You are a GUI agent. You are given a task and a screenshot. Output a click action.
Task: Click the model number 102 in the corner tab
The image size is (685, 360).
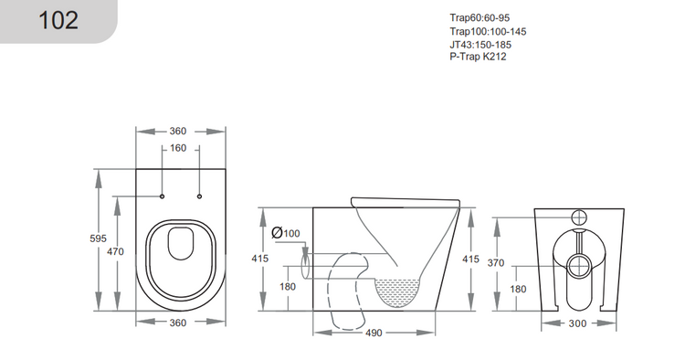tap(58, 20)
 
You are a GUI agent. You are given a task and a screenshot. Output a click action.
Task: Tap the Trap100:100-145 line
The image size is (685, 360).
tap(488, 31)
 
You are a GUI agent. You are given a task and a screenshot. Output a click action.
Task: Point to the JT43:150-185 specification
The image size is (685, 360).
tap(480, 44)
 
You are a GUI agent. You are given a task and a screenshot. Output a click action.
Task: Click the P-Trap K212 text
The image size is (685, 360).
tap(478, 56)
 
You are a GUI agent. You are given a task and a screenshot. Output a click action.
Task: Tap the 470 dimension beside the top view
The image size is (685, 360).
tap(115, 251)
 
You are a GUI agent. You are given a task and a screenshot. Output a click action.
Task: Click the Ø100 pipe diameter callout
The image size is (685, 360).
tap(286, 233)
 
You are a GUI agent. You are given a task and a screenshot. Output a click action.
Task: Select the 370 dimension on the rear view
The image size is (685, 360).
tap(519, 262)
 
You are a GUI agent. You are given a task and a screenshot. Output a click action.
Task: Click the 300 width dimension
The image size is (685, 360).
tap(578, 323)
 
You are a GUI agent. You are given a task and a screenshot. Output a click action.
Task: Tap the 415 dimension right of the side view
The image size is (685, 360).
tap(470, 259)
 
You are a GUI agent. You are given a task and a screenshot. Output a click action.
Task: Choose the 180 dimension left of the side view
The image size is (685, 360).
tap(286, 288)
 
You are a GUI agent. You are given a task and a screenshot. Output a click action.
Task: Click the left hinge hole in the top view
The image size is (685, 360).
tap(162, 196)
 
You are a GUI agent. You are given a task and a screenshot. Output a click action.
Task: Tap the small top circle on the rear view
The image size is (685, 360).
tap(578, 217)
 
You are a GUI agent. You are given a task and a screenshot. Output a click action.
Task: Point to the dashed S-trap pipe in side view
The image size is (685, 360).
tap(342, 292)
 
